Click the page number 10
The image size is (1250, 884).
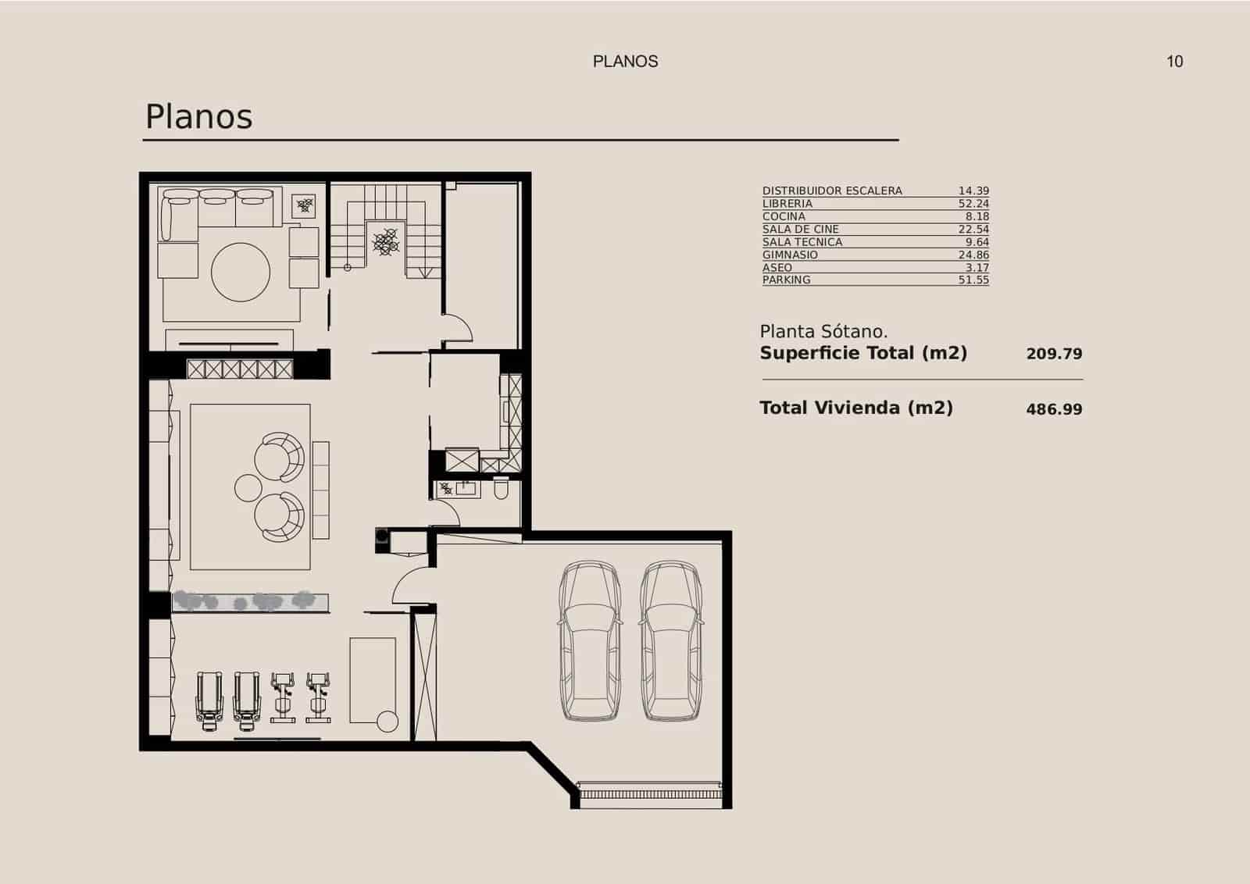click(1174, 62)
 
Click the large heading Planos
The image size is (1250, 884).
click(199, 117)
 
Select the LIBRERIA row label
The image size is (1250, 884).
click(787, 204)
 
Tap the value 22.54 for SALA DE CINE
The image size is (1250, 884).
click(973, 230)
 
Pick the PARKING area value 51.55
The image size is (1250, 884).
click(973, 280)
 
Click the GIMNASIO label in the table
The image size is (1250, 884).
click(790, 255)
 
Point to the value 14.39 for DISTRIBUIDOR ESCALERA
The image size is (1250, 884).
click(973, 191)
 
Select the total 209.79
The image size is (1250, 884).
click(1054, 354)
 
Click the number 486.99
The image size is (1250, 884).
click(1054, 409)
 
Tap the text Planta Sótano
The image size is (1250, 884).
click(823, 332)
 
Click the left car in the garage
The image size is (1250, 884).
click(590, 640)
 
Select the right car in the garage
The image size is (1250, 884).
click(670, 640)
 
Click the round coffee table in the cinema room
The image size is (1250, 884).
click(241, 272)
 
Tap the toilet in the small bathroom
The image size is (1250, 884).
click(502, 489)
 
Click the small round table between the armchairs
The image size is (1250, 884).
click(248, 488)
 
